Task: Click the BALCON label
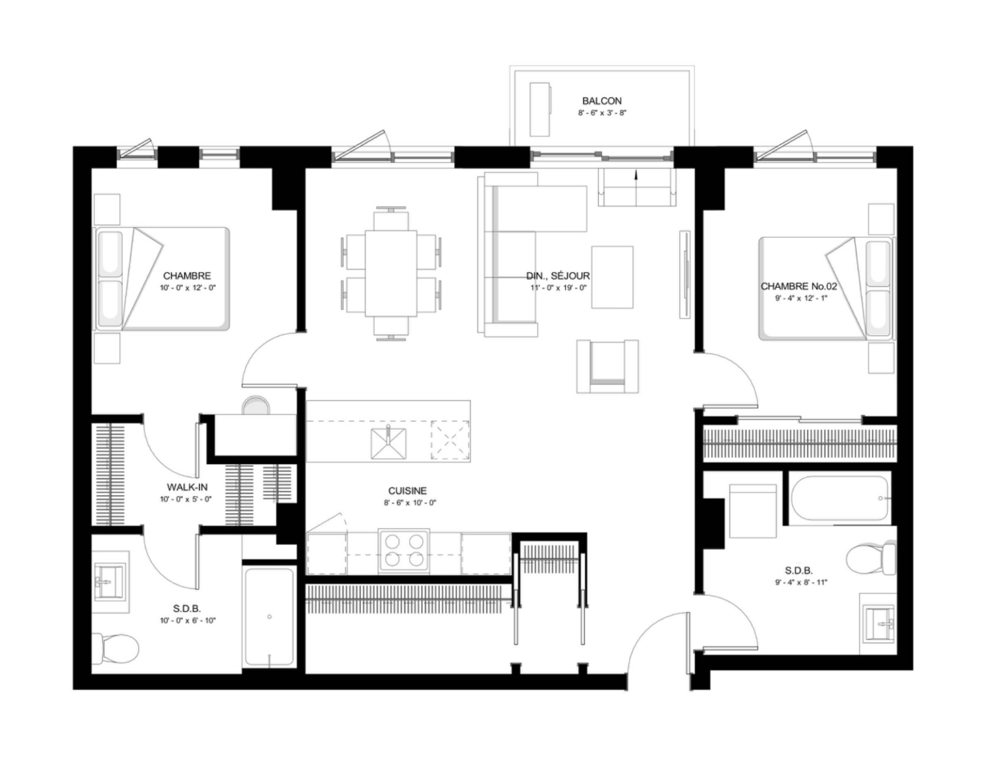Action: pos(602,101)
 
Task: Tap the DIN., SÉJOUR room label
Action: pos(558,276)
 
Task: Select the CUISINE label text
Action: pos(407,491)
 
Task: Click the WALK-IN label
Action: pos(187,487)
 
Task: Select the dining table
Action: pos(391,273)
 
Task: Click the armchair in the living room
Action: pos(608,366)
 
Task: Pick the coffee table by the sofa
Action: pos(612,277)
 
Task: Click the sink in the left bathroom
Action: pos(111,582)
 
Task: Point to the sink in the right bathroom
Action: pos(880,624)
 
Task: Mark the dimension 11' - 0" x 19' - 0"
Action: pos(558,288)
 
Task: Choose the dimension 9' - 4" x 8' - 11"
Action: pos(799,583)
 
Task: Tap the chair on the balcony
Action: pos(541,109)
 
